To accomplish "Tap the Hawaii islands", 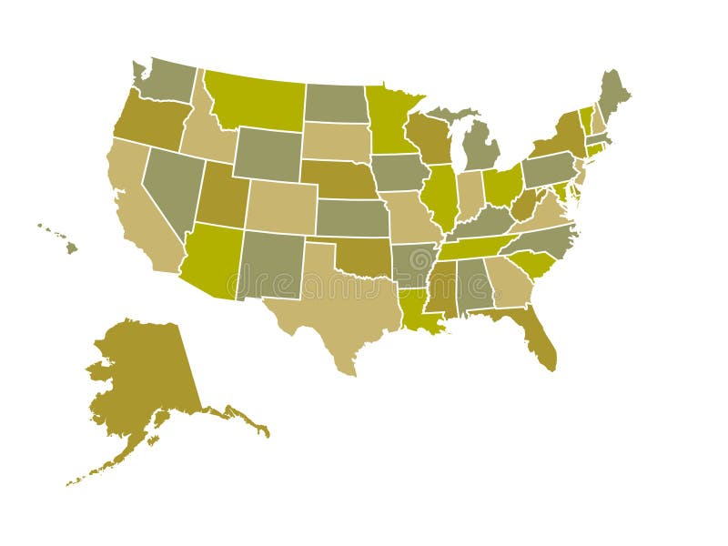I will tap(70, 246).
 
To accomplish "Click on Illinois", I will tap(440, 194).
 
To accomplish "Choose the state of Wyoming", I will tap(268, 153).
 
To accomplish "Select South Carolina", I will tap(537, 265).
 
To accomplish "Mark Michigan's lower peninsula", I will tap(480, 146).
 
